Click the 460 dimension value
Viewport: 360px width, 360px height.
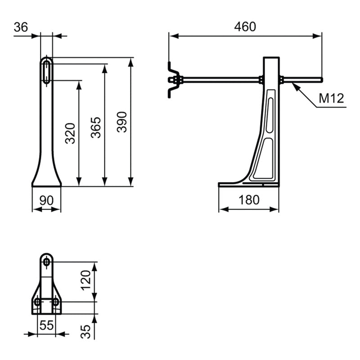point(245,27)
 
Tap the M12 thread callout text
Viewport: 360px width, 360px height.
point(332,98)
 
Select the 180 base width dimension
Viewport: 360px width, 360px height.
point(249,200)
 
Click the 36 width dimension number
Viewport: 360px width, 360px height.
point(21,27)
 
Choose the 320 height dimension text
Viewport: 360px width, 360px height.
point(70,133)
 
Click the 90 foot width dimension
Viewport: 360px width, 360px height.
point(46,200)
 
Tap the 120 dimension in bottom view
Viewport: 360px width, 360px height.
point(86,282)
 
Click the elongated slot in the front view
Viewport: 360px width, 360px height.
point(47,71)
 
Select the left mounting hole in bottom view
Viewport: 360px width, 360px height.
point(37,301)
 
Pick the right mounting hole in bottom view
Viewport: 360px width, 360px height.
point(55,301)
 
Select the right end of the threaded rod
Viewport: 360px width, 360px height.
point(321,80)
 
